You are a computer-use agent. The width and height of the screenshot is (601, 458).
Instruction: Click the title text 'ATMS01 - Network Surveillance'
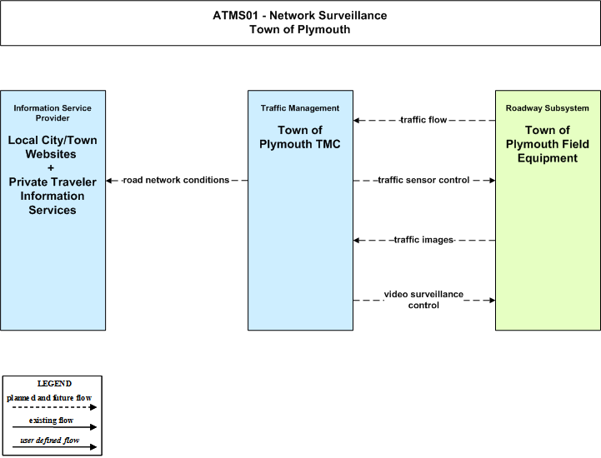click(x=300, y=15)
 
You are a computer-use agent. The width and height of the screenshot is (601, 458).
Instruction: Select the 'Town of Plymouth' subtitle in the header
click(x=300, y=29)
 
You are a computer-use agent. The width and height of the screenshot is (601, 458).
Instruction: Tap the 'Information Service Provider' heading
click(x=53, y=113)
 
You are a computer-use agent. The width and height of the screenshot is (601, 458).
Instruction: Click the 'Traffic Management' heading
click(x=300, y=108)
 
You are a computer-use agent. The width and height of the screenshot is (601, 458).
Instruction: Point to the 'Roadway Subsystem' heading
click(x=548, y=108)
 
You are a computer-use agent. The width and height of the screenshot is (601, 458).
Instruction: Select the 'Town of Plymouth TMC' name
click(x=300, y=137)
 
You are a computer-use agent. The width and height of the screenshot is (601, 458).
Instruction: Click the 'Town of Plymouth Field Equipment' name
click(x=548, y=144)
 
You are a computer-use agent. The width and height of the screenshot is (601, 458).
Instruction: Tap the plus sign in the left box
click(x=51, y=167)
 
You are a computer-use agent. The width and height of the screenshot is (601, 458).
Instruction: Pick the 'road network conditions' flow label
click(x=176, y=180)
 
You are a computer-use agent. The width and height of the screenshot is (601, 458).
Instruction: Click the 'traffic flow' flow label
click(x=423, y=120)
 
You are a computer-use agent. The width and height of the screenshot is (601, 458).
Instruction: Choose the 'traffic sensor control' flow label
click(x=423, y=180)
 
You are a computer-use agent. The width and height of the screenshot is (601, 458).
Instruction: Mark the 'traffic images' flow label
click(x=423, y=240)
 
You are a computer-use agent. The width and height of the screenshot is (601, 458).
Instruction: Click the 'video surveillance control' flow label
click(x=423, y=300)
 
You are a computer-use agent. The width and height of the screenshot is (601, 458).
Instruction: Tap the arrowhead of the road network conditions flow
click(x=109, y=181)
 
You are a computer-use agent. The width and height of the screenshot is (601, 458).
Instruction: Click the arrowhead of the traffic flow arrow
click(x=357, y=121)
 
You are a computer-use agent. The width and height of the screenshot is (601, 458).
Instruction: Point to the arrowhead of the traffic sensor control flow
click(x=492, y=181)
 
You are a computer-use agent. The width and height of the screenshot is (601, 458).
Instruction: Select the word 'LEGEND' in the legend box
click(x=54, y=384)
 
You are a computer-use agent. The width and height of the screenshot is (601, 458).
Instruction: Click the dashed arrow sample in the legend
click(x=54, y=407)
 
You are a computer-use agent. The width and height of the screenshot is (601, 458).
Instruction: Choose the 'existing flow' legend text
click(x=51, y=421)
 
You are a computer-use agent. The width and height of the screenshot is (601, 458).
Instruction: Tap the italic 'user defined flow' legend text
click(x=50, y=441)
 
